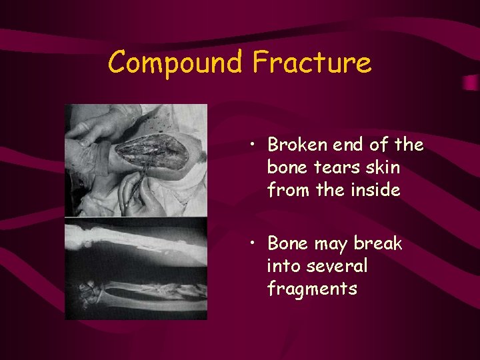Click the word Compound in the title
click(x=176, y=63)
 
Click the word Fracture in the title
click(x=311, y=63)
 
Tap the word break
click(x=379, y=244)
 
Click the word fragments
click(x=311, y=289)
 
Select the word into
click(x=282, y=267)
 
